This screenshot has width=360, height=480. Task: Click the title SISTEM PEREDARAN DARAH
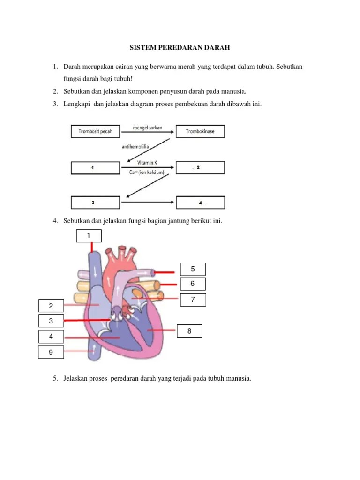180,48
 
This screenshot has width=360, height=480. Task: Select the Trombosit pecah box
95,131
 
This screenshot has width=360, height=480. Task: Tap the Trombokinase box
200,131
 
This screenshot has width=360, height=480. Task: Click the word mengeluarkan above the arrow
147,127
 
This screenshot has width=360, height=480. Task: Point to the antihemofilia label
135,147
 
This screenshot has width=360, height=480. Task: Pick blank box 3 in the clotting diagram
95,202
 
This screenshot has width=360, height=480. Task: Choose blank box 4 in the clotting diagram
200,202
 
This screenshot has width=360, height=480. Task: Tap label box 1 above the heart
89,236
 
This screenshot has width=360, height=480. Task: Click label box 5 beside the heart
193,269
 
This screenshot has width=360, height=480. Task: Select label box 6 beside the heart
193,284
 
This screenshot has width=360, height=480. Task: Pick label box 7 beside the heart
193,300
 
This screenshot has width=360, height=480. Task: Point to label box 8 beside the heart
189,331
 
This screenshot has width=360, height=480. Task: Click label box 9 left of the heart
51,352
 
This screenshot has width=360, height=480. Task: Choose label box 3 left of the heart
51,321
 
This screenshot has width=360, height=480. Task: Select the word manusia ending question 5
239,378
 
